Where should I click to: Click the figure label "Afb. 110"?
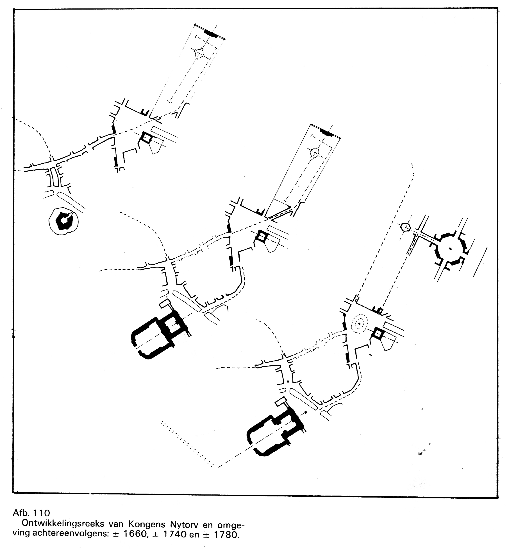(x=31, y=513)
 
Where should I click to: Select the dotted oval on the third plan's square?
(x=359, y=324)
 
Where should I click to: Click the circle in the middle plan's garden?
(x=315, y=153)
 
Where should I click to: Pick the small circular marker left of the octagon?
(x=405, y=226)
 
